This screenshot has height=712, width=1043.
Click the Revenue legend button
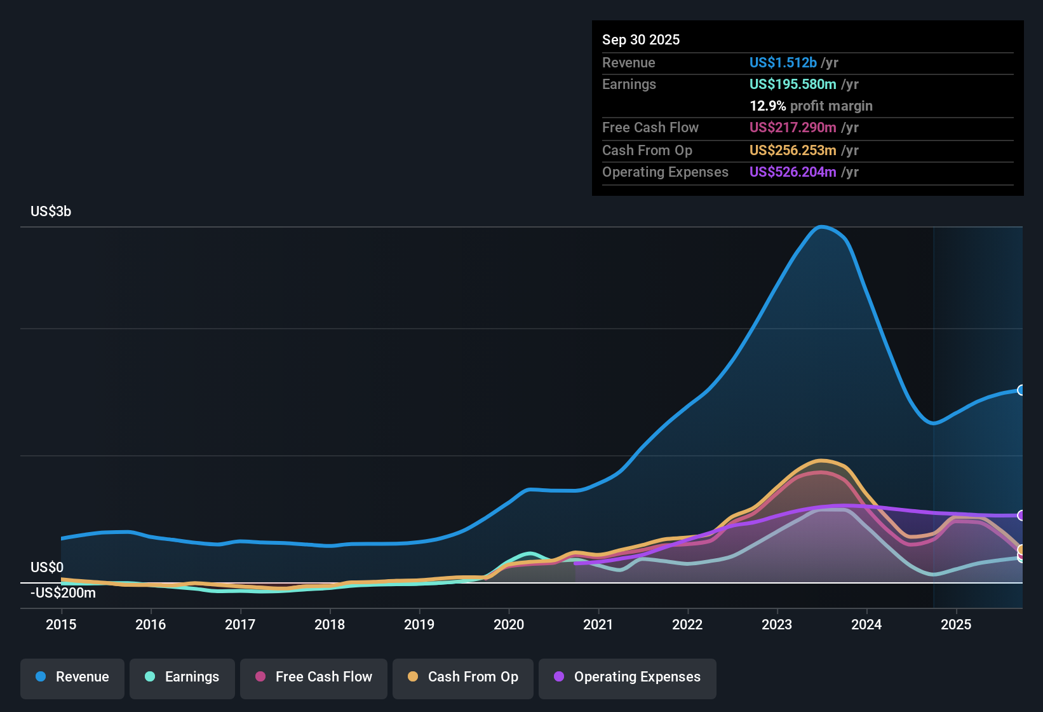click(72, 677)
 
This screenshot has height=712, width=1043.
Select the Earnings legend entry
click(182, 677)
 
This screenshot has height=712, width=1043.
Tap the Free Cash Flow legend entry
click(314, 677)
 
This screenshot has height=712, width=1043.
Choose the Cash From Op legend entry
click(463, 677)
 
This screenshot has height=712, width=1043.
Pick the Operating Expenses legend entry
click(628, 677)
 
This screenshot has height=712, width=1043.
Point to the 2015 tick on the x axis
click(61, 624)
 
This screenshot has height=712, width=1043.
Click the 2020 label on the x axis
click(509, 624)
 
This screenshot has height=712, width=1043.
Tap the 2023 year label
click(777, 624)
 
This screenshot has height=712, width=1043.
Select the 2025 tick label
click(956, 624)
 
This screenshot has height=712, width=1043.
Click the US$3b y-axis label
click(51, 212)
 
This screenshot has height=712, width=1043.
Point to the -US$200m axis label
click(64, 593)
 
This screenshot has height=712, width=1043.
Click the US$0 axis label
click(47, 567)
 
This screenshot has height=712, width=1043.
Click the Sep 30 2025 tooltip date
click(641, 39)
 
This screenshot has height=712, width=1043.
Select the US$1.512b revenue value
click(783, 62)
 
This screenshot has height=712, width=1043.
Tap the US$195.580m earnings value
click(792, 84)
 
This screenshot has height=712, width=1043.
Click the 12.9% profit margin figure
click(767, 106)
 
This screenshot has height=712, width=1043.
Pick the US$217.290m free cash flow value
click(792, 127)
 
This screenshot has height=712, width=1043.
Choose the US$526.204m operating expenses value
click(792, 172)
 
